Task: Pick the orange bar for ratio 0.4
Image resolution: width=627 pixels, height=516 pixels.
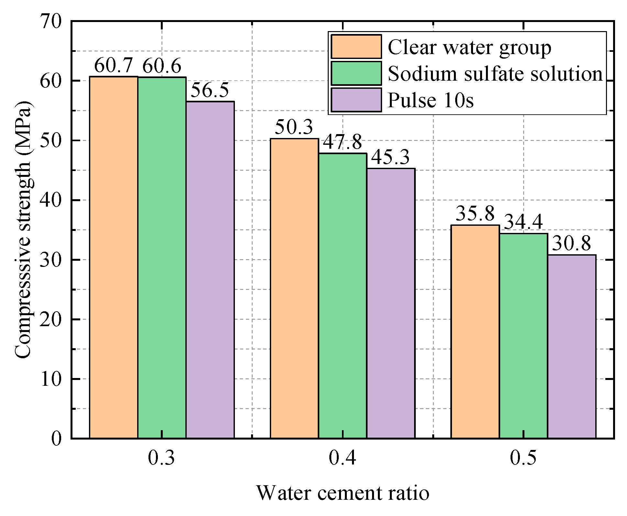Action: [x=294, y=288]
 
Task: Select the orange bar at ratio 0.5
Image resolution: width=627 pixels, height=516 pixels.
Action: [x=475, y=332]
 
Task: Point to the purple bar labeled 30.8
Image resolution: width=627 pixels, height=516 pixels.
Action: [x=572, y=347]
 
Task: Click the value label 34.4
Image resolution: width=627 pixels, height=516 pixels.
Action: [x=523, y=222]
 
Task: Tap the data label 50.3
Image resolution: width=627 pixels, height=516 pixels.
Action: [x=294, y=127]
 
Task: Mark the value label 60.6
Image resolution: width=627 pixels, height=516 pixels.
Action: [x=162, y=66]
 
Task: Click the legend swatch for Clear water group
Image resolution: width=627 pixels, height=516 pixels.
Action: [x=356, y=47]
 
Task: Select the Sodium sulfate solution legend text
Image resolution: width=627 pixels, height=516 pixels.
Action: [x=495, y=74]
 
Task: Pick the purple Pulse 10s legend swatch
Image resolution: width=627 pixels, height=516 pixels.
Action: [x=356, y=100]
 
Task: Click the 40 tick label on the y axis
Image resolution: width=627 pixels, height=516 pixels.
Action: [x=51, y=200]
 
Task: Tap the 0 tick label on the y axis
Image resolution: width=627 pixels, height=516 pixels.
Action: [x=56, y=439]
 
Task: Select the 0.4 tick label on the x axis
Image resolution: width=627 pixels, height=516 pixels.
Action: [x=342, y=458]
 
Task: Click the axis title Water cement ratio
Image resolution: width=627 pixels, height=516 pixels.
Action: [x=343, y=493]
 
